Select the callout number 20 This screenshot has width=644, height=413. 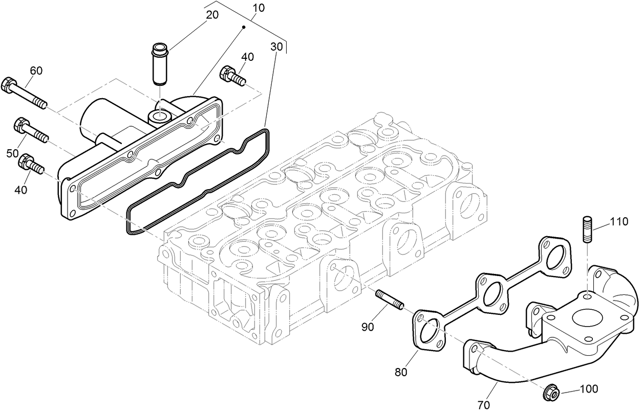point(212,15)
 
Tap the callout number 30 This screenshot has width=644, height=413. point(276,46)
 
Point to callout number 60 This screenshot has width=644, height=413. point(36,71)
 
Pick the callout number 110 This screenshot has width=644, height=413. point(618,222)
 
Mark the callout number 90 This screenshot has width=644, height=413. point(368,327)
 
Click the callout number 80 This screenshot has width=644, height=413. point(401,372)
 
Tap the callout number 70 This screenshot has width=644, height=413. point(483,405)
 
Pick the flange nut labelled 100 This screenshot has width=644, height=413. point(551,392)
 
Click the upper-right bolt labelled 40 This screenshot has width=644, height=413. point(232,76)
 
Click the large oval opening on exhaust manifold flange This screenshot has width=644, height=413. point(585,317)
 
